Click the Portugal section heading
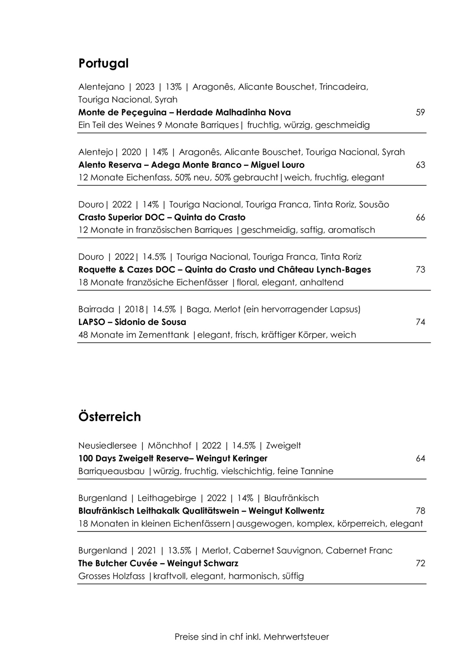click(103, 63)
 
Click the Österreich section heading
click(110, 417)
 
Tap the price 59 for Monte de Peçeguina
click(420, 113)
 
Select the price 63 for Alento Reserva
click(420, 165)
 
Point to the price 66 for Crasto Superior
click(420, 217)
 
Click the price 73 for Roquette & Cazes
click(420, 270)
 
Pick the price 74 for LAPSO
click(420, 322)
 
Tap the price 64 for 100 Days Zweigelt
click(420, 458)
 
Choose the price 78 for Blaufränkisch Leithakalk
click(420, 511)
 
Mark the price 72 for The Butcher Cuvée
click(420, 563)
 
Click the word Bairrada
click(96, 309)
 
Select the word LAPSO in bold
click(92, 322)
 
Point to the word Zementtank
click(168, 335)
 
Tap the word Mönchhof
click(169, 446)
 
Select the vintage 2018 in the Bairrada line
click(134, 309)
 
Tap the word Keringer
click(250, 458)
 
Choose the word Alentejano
click(101, 87)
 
